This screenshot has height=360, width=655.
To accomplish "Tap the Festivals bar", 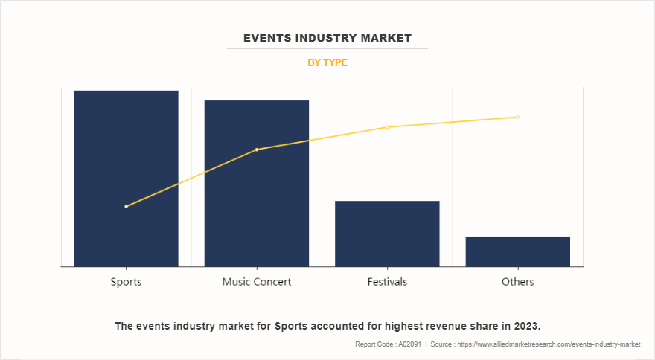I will click(387, 234).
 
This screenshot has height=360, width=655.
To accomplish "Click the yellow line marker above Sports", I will click(126, 206).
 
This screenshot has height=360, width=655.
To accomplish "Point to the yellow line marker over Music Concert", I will click(257, 150).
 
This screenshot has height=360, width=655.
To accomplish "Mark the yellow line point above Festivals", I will click(387, 127).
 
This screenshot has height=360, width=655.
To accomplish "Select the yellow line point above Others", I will click(517, 117).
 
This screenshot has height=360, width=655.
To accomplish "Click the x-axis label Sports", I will click(126, 282).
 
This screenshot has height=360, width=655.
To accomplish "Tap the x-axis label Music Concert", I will click(257, 282).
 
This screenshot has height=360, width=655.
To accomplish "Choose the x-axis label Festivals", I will click(387, 282).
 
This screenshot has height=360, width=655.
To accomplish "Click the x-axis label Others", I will click(517, 282).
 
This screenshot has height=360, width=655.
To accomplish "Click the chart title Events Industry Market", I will click(327, 37).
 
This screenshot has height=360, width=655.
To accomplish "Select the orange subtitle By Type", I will click(327, 62).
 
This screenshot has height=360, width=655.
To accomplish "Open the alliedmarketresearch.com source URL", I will click(549, 344).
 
